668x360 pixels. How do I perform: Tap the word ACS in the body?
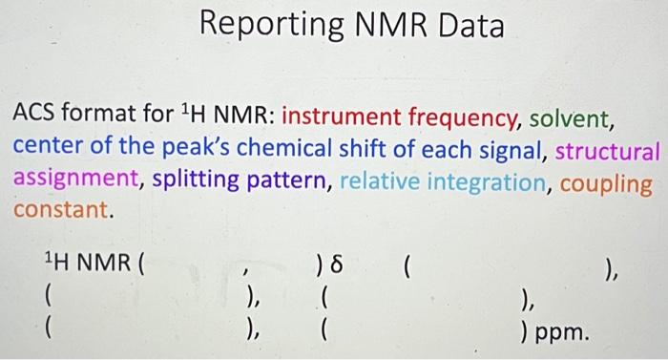36,119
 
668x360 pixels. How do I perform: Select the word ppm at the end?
564,334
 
